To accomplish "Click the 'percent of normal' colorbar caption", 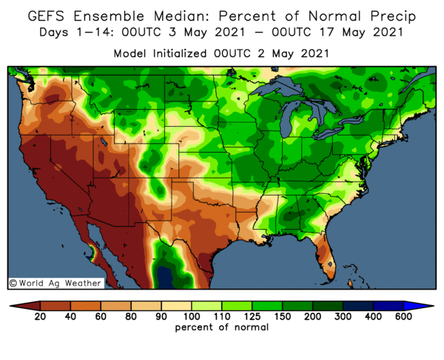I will (x=222, y=327).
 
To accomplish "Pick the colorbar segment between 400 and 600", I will (x=388, y=305).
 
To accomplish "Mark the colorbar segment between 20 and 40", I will (x=55, y=305).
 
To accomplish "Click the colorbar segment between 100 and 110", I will (x=207, y=305).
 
